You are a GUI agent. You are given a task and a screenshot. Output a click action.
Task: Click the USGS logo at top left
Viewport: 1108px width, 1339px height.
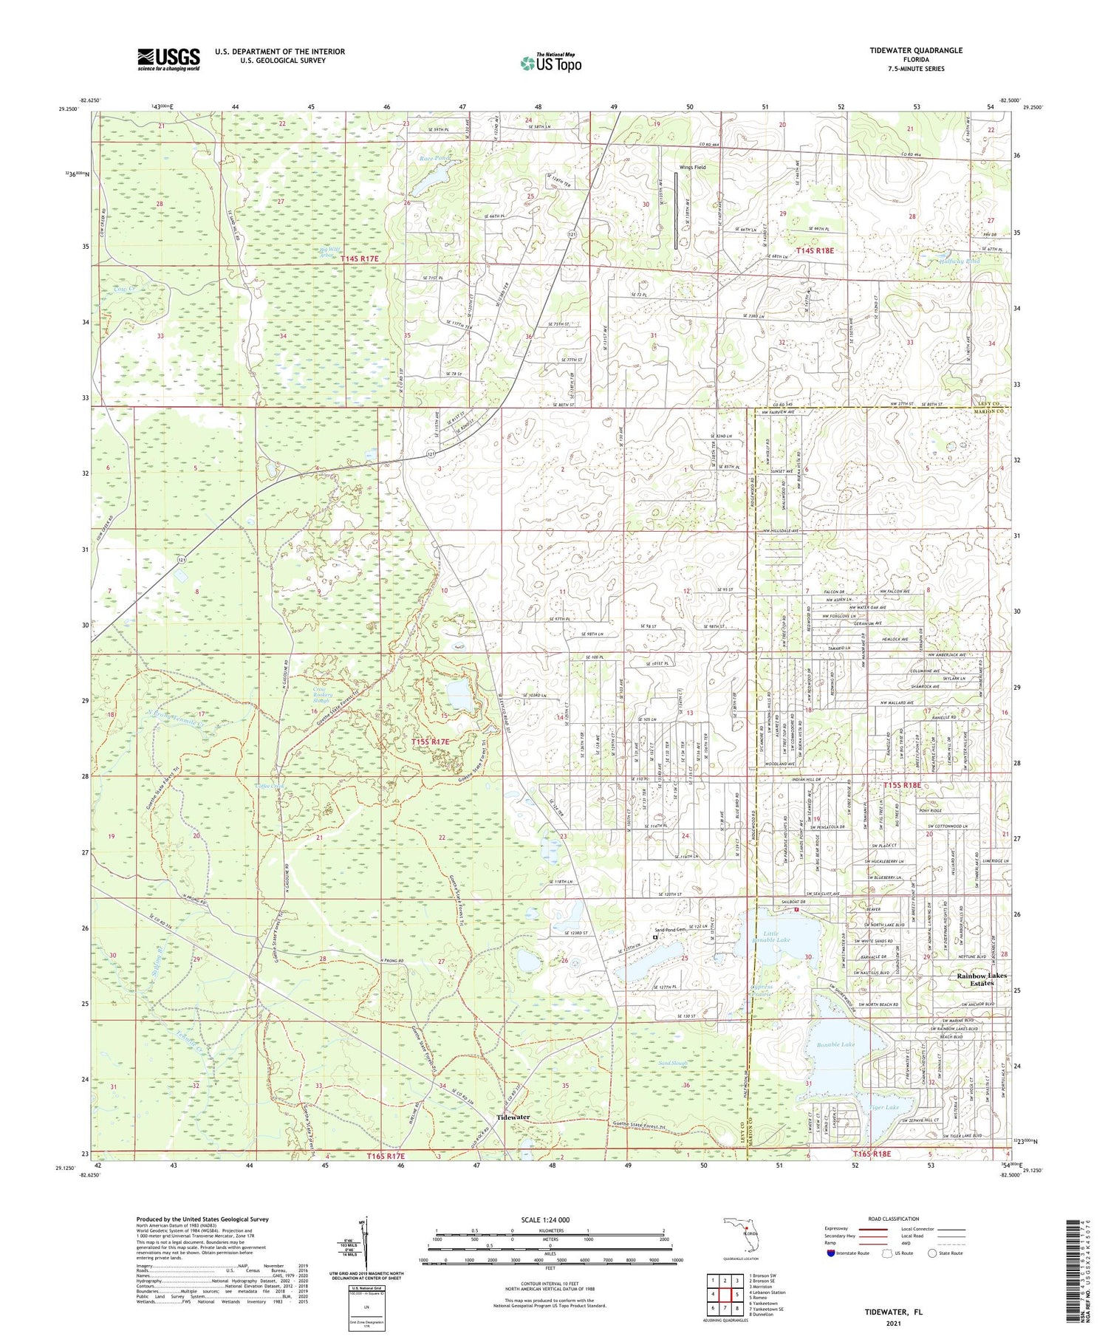[168, 59]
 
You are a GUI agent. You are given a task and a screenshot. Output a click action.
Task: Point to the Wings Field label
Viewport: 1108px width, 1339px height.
[692, 168]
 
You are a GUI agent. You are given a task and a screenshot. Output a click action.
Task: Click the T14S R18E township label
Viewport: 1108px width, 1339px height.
[814, 251]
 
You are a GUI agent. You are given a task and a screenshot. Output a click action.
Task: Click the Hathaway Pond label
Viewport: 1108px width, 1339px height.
[960, 261]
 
